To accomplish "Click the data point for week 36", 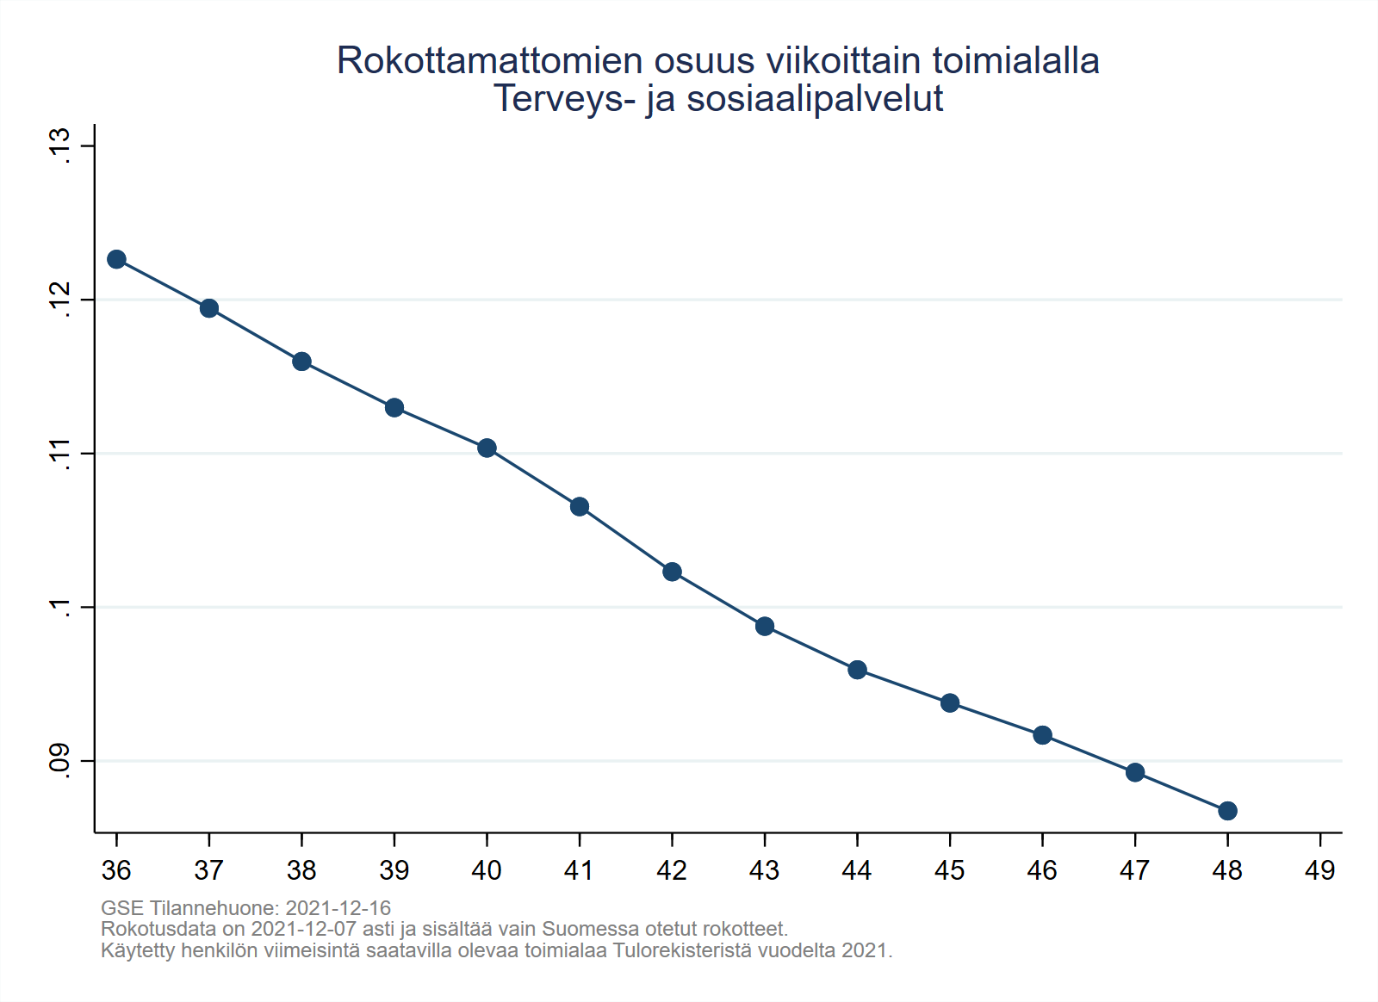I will [116, 259].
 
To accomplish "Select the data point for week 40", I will [487, 448].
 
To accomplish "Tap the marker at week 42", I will [672, 572].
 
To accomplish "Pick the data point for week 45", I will [950, 702].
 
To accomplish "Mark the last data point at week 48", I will [1227, 811].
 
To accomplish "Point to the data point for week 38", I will [301, 362].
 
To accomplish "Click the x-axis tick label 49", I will [1319, 871].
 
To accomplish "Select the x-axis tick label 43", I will [764, 871].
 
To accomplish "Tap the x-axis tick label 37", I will [208, 871].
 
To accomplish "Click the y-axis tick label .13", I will [60, 145].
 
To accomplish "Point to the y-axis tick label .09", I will [60, 760].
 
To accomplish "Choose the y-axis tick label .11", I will [60, 454].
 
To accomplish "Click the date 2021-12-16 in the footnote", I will [338, 908].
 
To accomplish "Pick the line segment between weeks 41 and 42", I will [625, 539].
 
